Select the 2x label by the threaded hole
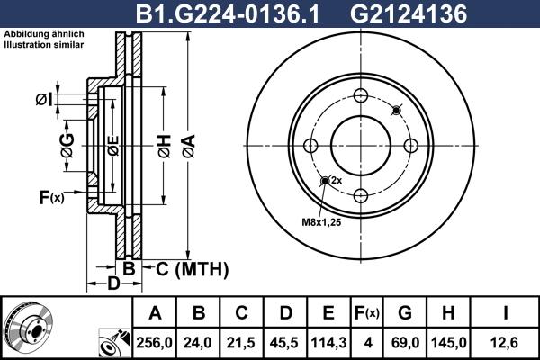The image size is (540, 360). tap(336, 181)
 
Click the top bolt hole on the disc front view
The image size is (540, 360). tap(361, 97)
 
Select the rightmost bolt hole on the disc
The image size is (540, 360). tap(410, 147)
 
